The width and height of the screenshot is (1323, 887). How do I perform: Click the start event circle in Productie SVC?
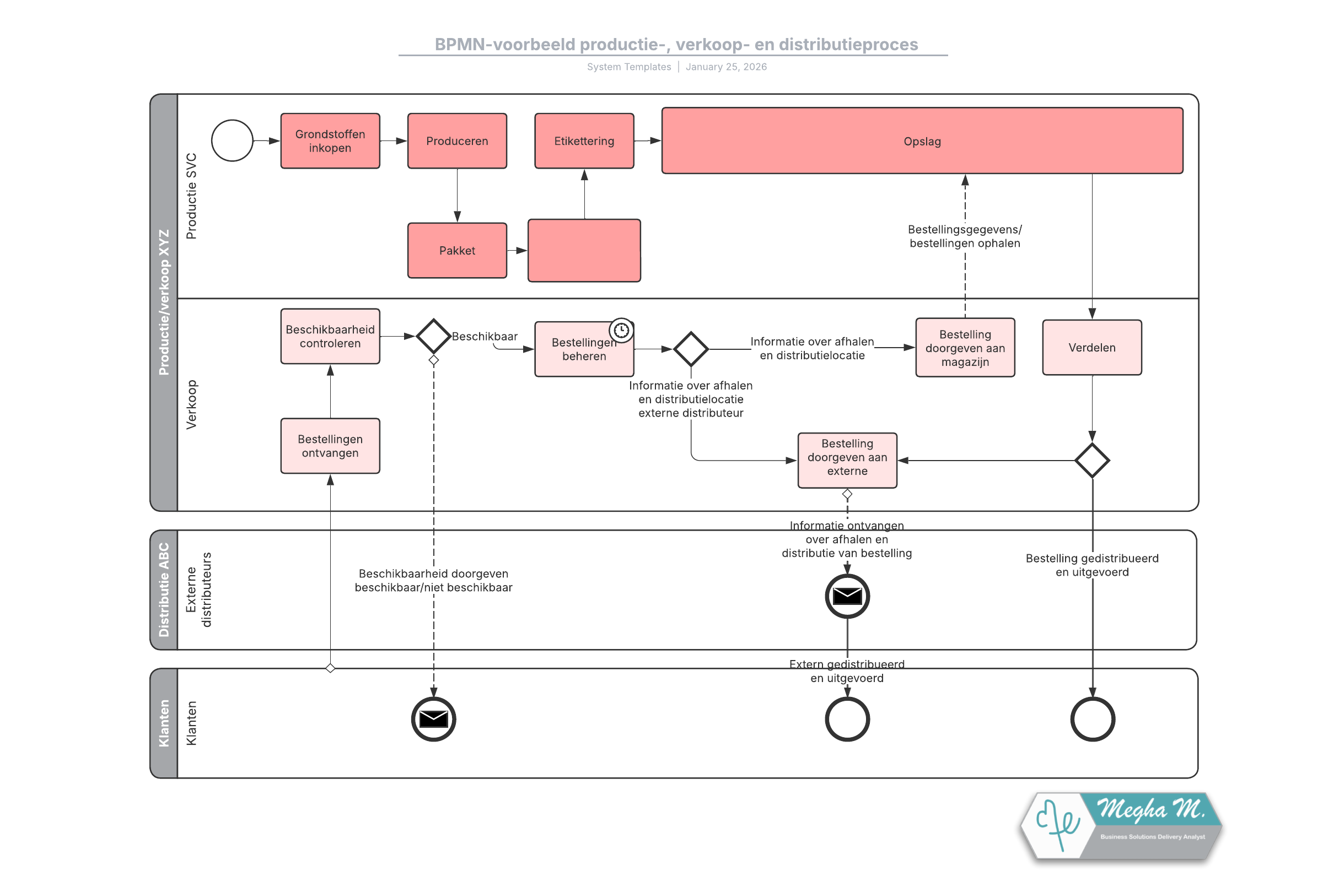232,140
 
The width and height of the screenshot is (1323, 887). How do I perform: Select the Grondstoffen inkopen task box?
330,141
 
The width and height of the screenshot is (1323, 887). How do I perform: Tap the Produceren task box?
456,141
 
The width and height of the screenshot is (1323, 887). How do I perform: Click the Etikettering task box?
584,141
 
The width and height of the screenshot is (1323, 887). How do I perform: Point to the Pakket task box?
456,250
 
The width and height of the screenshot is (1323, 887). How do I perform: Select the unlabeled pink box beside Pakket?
584,250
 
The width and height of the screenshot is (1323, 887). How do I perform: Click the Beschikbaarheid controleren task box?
330,336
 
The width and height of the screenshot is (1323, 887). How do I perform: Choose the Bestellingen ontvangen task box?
330,446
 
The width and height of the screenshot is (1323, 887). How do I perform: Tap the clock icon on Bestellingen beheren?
621,330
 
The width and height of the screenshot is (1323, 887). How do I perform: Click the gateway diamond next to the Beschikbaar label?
433,336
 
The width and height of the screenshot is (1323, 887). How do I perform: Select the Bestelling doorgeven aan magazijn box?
965,347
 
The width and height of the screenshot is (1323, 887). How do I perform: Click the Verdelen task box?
1091,347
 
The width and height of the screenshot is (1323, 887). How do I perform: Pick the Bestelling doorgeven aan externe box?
847,460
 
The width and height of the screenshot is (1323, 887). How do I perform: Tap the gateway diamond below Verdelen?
1091,460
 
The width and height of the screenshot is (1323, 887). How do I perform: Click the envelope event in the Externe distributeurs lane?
847,596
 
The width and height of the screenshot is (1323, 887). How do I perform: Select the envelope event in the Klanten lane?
433,719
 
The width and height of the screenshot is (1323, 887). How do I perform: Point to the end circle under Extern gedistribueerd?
847,719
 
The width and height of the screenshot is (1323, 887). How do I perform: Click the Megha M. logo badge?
1121,826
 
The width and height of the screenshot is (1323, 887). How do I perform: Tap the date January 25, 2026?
726,67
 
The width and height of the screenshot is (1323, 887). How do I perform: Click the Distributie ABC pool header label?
164,589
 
